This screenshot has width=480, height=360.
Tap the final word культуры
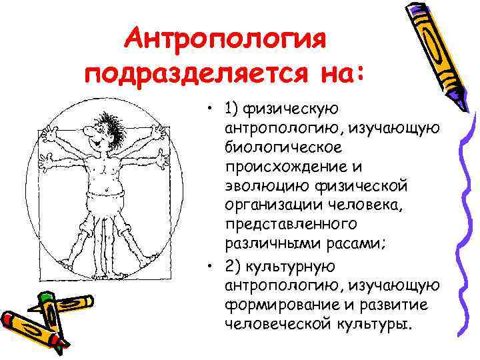pos(373,323)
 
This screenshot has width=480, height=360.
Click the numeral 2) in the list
pos(233,266)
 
